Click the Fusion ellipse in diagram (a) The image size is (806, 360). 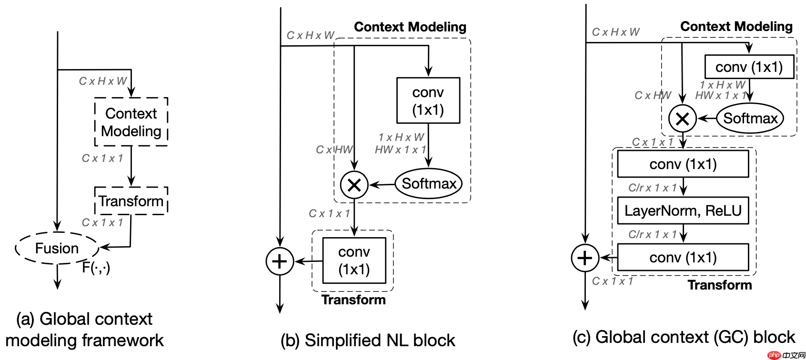pyautogui.click(x=57, y=248)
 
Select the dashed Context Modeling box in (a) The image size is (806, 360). pyautogui.click(x=131, y=122)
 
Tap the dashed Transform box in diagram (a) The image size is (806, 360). pyautogui.click(x=131, y=201)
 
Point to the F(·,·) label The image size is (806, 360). pyautogui.click(x=96, y=268)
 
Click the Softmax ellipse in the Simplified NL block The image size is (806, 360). pyautogui.click(x=429, y=184)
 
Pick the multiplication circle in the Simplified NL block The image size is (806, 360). pyautogui.click(x=354, y=185)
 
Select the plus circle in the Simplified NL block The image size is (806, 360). pyautogui.click(x=280, y=261)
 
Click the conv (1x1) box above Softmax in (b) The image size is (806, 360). pyautogui.click(x=428, y=100)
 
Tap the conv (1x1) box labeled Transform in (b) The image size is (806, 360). pyautogui.click(x=354, y=260)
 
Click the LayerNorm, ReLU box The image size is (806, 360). pyautogui.click(x=683, y=210)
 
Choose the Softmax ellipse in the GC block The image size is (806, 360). pyautogui.click(x=750, y=118)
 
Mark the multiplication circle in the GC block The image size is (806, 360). pyautogui.click(x=682, y=119)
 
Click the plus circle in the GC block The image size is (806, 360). pyautogui.click(x=585, y=258)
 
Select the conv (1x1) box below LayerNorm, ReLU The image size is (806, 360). pyautogui.click(x=683, y=258)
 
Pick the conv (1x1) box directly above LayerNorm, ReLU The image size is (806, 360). pyautogui.click(x=683, y=164)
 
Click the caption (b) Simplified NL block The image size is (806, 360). pyautogui.click(x=368, y=340)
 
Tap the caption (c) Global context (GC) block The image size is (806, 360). pyautogui.click(x=684, y=337)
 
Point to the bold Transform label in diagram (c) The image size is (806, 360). pyautogui.click(x=719, y=285)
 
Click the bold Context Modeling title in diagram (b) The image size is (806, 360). pyautogui.click(x=410, y=27)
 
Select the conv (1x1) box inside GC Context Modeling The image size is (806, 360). pyautogui.click(x=749, y=67)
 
